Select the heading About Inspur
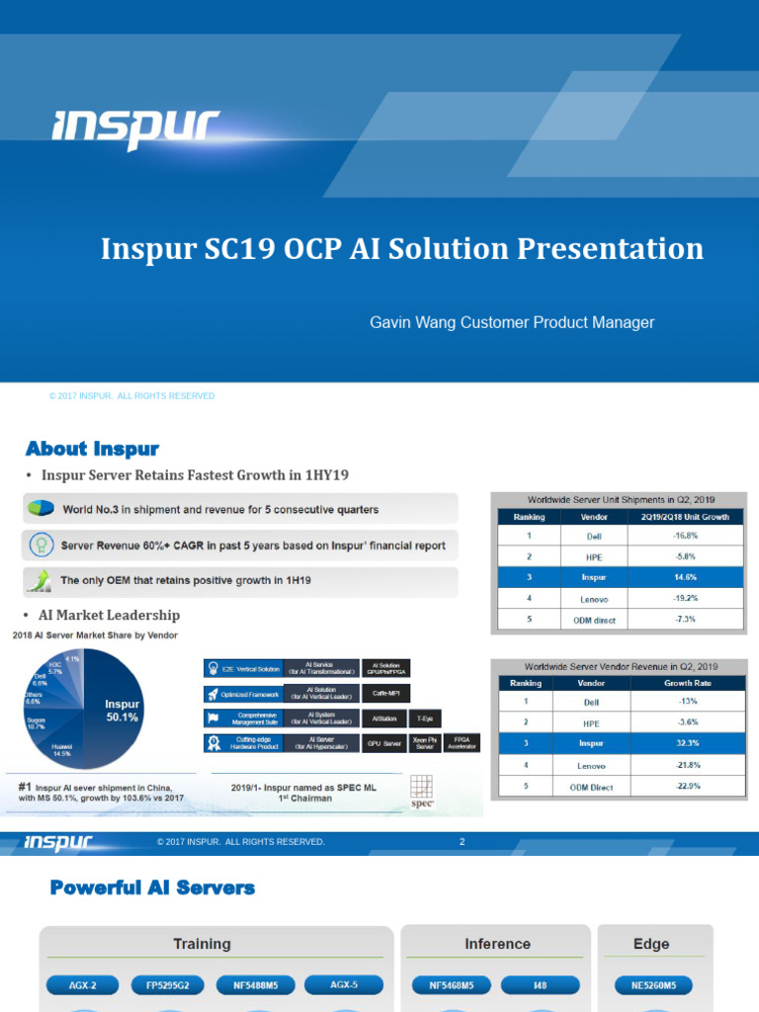click(x=92, y=449)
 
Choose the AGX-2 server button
click(x=83, y=985)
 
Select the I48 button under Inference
click(x=540, y=985)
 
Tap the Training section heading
click(x=202, y=944)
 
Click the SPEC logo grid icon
click(x=422, y=788)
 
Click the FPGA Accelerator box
click(x=461, y=741)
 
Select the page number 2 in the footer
click(x=462, y=842)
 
